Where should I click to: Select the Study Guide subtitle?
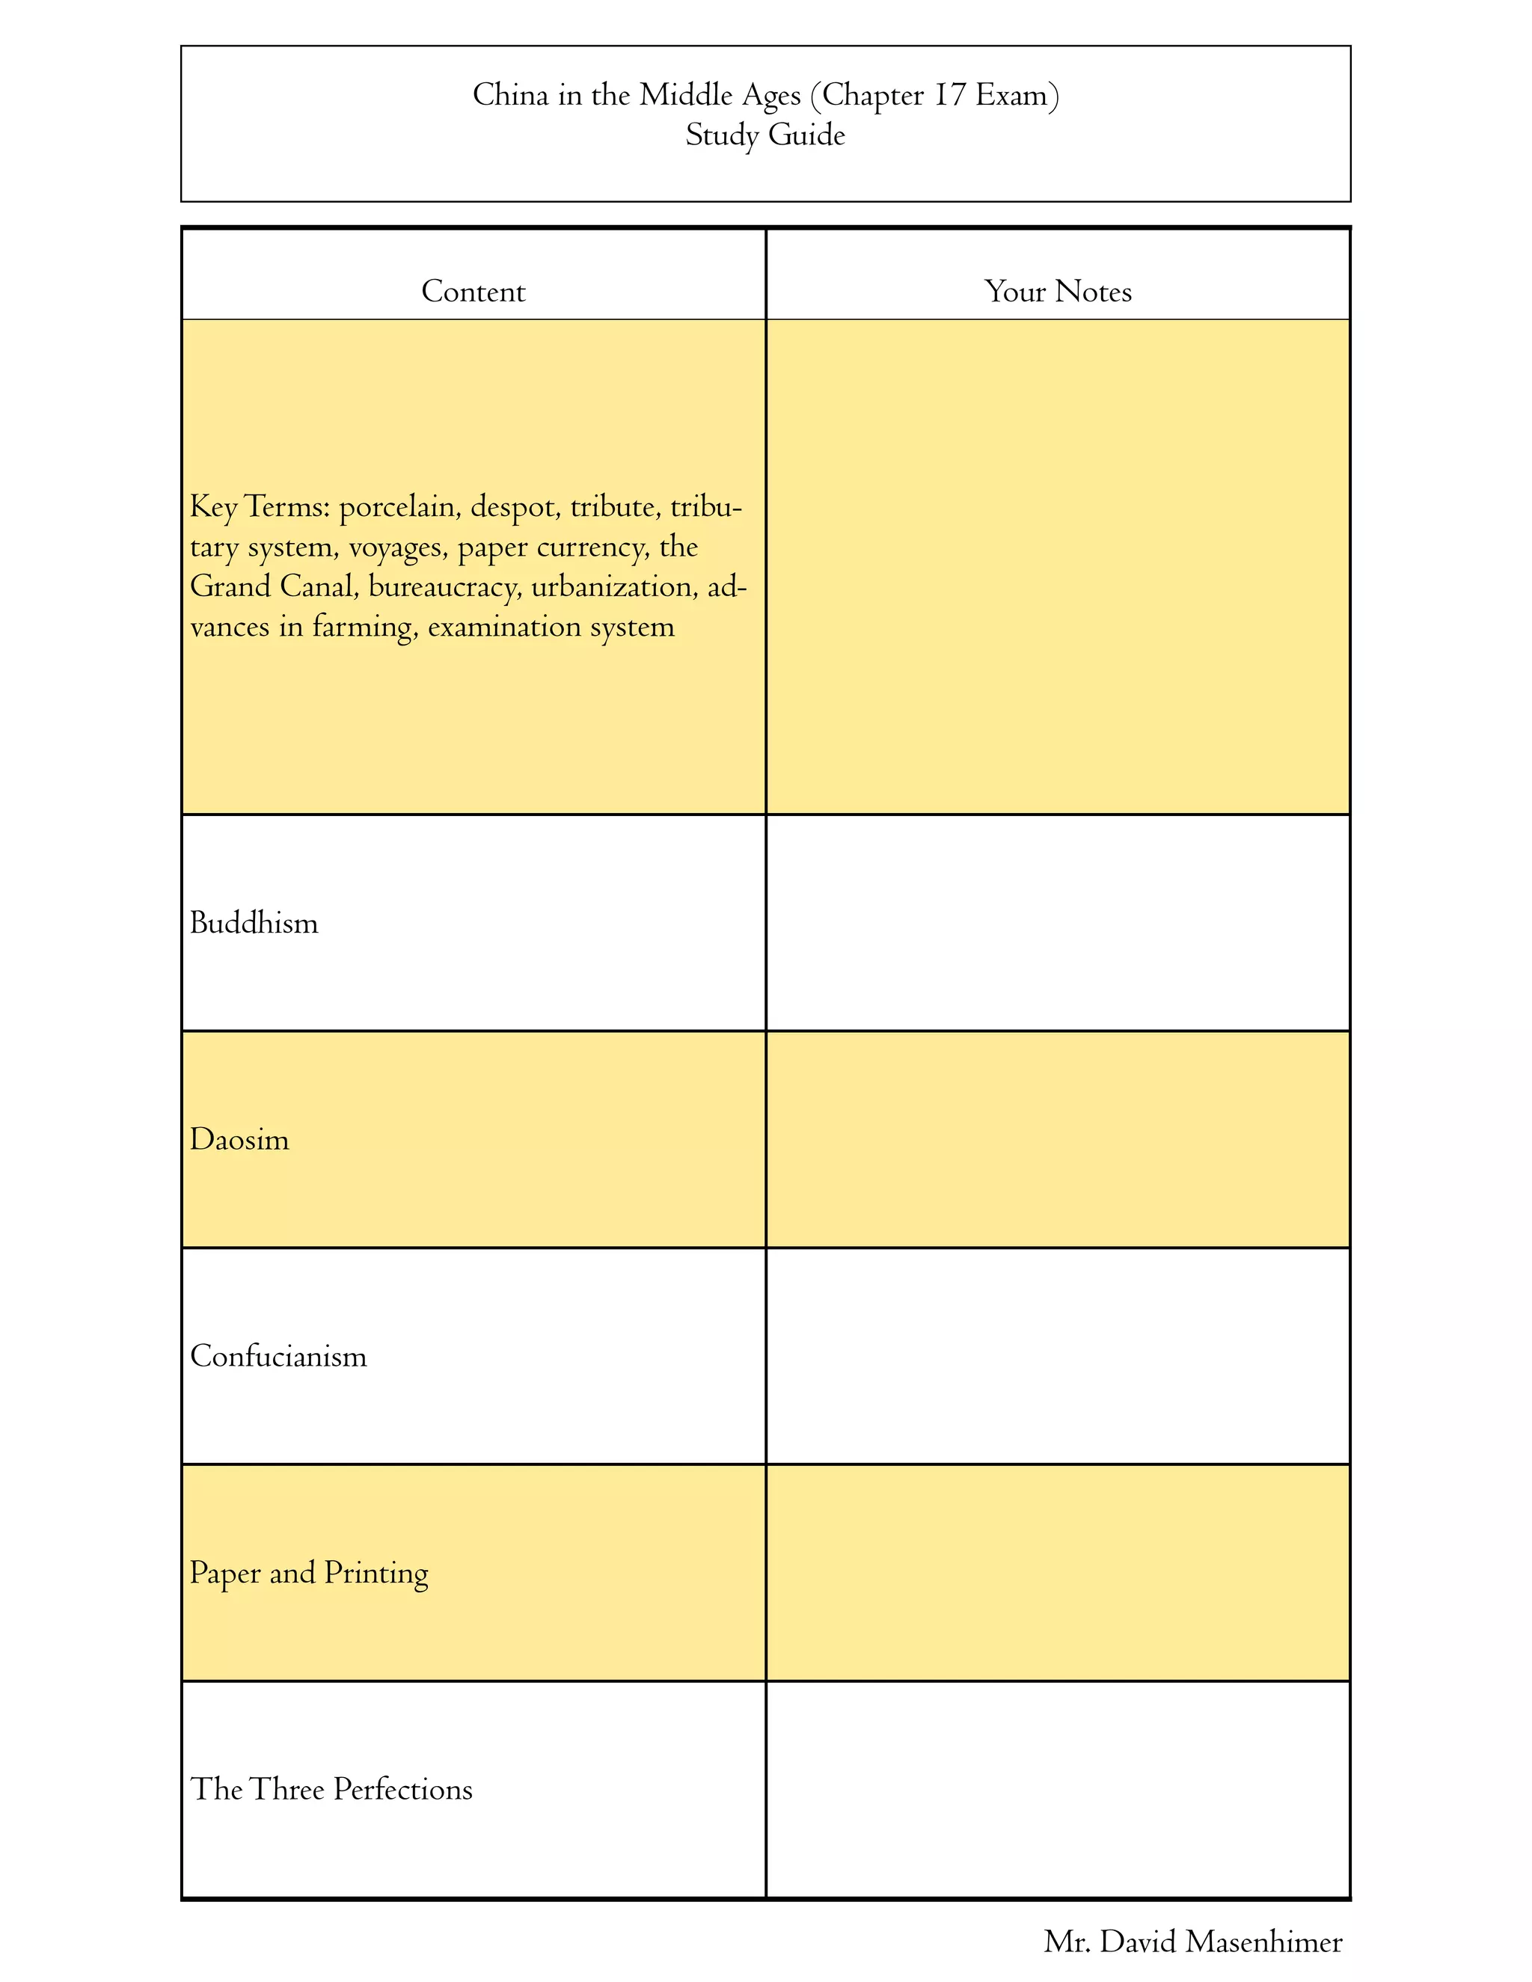coord(765,135)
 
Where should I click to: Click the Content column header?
coord(473,291)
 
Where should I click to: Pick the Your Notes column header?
coord(1058,291)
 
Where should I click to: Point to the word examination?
coord(503,627)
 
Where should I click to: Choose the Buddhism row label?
coord(254,924)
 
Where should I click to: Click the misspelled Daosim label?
coord(239,1140)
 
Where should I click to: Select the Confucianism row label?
coord(278,1357)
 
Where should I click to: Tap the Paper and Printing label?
coord(309,1574)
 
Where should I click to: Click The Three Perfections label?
coord(331,1790)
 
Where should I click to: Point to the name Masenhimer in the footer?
coord(1263,1942)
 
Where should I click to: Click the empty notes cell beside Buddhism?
coord(1058,923)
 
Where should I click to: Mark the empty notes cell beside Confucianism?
coord(1058,1356)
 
